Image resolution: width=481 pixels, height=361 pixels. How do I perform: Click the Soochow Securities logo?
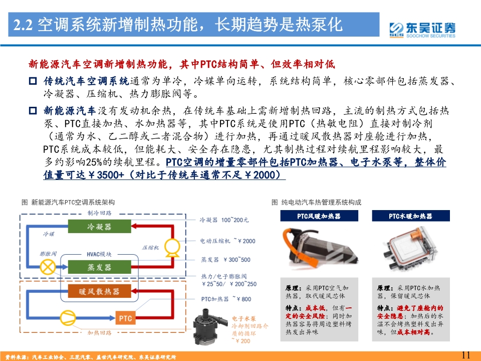coord(422,29)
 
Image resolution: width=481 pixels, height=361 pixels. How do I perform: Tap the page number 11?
coord(465,355)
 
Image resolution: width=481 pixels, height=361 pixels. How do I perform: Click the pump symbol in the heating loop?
coord(67,317)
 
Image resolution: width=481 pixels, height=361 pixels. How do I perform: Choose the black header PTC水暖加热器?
coord(410,216)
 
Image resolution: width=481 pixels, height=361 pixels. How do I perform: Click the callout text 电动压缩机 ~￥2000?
coord(227,241)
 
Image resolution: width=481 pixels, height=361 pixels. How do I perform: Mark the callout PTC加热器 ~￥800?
coord(226,299)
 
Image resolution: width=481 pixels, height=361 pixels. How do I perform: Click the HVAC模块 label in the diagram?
coord(99,254)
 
